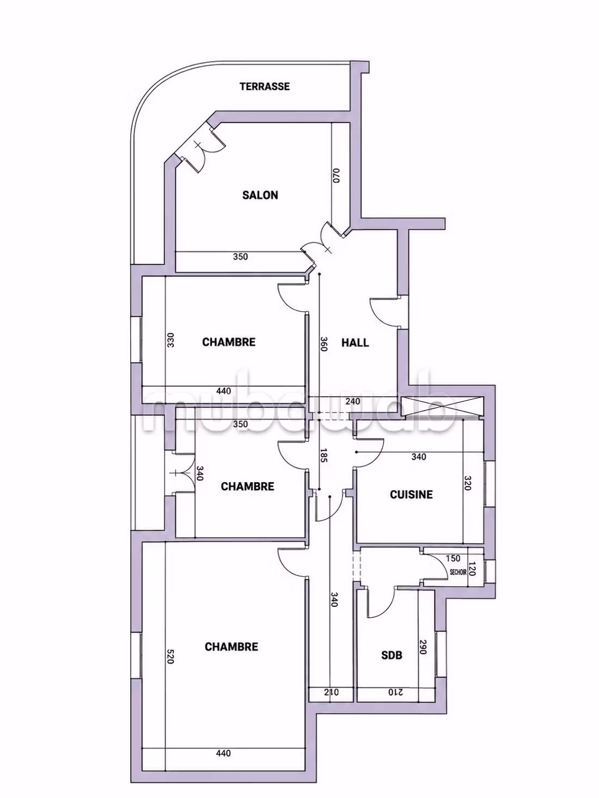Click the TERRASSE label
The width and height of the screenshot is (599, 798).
click(265, 87)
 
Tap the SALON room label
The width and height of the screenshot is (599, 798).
click(260, 195)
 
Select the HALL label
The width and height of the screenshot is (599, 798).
click(355, 342)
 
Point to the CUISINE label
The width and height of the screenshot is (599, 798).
click(411, 494)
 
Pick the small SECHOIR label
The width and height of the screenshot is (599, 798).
click(459, 572)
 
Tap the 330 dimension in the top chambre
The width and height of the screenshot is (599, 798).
click(170, 340)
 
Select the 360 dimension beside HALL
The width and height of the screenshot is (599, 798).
click(324, 343)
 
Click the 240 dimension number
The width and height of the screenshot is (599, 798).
click(352, 401)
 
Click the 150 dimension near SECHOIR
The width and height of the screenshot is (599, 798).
click(453, 558)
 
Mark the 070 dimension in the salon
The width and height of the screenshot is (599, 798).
click(335, 176)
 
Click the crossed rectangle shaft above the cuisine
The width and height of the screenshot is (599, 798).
click(442, 407)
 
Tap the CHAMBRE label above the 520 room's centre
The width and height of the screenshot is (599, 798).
click(231, 647)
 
